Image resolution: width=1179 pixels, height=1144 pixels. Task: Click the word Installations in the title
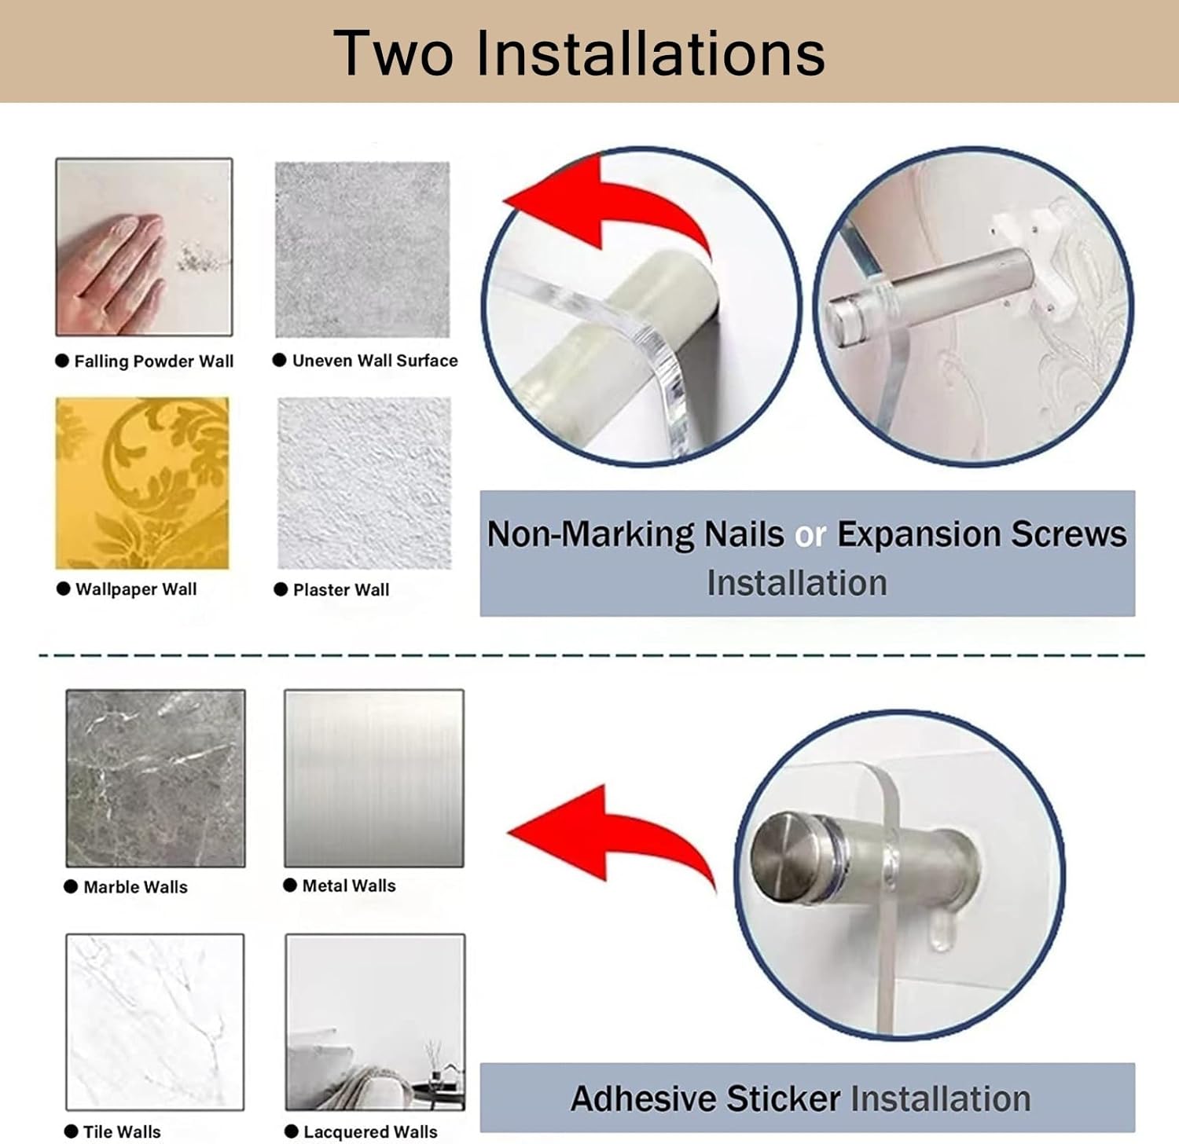(x=651, y=53)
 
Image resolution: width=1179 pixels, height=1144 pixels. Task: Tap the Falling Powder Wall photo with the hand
(x=144, y=247)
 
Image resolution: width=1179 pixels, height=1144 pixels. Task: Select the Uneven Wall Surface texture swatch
(x=362, y=249)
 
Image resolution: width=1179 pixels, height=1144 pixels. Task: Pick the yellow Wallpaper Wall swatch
(x=142, y=482)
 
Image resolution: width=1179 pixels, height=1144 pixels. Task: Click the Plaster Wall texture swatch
(x=364, y=482)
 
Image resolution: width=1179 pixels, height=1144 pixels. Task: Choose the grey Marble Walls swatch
(x=156, y=778)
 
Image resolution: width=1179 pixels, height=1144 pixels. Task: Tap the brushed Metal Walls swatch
(x=374, y=778)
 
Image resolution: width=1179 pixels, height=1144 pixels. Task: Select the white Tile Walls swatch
(x=155, y=1021)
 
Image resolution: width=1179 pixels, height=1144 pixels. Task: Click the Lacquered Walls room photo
(x=375, y=1021)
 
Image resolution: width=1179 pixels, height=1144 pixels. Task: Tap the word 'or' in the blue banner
(x=810, y=535)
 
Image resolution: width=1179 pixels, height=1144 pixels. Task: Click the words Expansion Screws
(x=982, y=534)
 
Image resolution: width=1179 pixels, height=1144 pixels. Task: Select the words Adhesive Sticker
(x=705, y=1098)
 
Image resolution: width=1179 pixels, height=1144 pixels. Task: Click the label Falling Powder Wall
(x=153, y=361)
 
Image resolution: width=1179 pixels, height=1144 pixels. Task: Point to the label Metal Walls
(x=349, y=885)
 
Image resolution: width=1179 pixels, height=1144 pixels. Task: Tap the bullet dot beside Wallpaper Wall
(x=64, y=588)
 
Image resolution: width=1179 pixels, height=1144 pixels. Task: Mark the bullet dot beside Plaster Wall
(x=281, y=589)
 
